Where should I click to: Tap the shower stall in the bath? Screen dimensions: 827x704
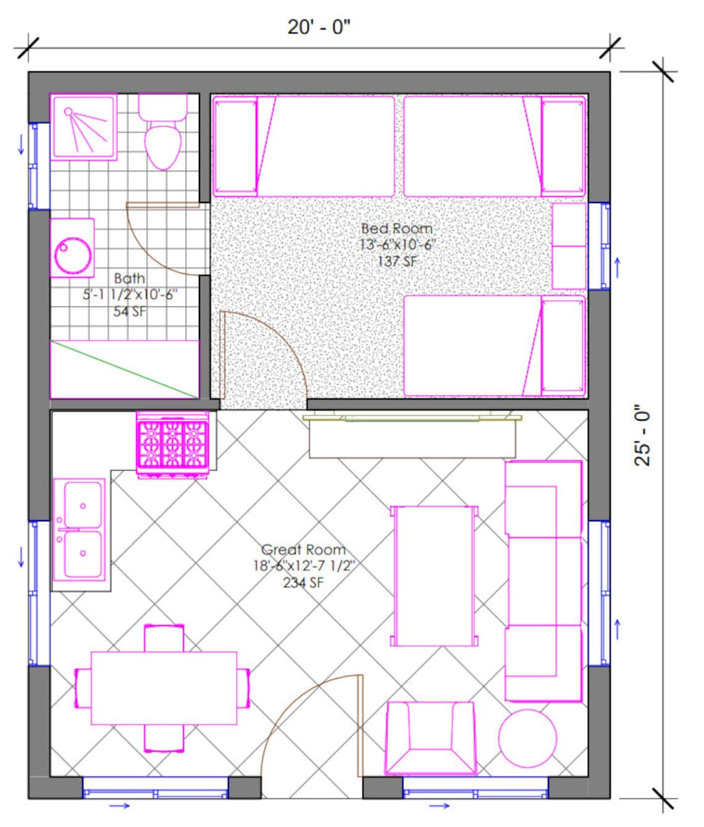tap(83, 127)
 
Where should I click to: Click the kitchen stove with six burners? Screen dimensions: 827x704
tap(172, 443)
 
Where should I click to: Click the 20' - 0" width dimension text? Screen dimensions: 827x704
tap(319, 27)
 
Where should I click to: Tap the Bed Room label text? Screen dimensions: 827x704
tap(396, 229)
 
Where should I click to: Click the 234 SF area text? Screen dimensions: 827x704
tap(303, 582)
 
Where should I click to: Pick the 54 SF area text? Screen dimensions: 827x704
tap(130, 311)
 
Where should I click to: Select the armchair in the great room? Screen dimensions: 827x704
tap(430, 737)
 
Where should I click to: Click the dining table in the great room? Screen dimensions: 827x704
tap(164, 688)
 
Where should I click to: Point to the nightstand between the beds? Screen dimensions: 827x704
tap(568, 246)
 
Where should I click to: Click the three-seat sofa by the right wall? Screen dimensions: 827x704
tap(543, 581)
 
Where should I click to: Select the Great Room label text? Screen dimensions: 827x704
tap(303, 549)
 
